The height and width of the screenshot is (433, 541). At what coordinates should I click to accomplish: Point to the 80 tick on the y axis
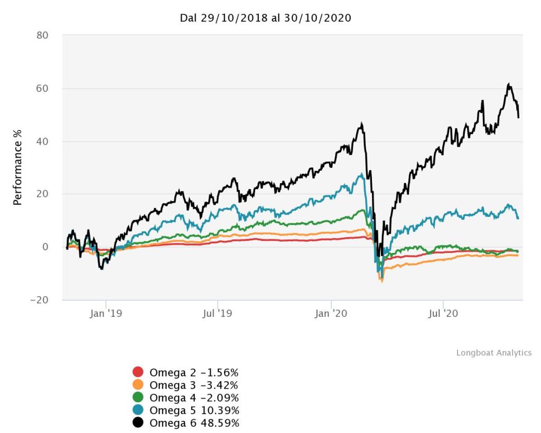tap(42, 36)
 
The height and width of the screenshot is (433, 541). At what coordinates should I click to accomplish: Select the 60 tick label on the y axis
tap(42, 89)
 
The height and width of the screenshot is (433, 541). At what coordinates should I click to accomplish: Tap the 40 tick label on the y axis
tap(42, 142)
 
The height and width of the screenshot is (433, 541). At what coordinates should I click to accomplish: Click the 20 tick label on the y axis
tap(42, 194)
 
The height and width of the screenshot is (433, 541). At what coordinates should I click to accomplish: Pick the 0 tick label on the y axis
tap(45, 247)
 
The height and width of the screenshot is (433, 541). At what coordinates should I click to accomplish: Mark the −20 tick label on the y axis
tap(39, 300)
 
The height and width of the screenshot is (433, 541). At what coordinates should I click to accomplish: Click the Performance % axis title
tap(18, 168)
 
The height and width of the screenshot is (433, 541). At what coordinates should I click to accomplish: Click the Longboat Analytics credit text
tap(493, 353)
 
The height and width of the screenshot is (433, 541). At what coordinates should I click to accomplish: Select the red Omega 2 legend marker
tap(138, 372)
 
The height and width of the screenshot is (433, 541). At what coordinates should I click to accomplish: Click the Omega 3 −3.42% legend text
tap(194, 384)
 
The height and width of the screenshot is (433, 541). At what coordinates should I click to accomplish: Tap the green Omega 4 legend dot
tap(138, 397)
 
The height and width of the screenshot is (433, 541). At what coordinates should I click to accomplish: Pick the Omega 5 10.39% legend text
tap(194, 410)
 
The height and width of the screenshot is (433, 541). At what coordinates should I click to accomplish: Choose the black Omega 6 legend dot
tap(138, 423)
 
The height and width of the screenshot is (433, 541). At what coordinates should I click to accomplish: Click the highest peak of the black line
tap(508, 84)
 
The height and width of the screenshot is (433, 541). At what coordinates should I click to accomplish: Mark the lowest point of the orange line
tap(381, 281)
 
